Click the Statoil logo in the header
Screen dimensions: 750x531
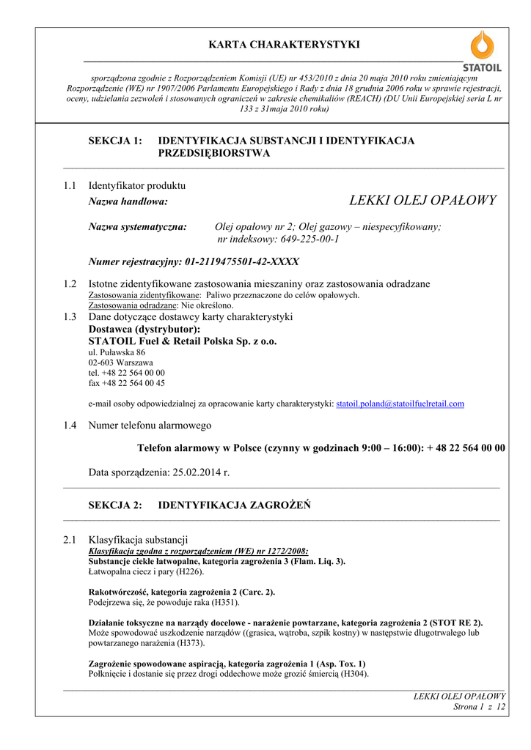pos(482,51)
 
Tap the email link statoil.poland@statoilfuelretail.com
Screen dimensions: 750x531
pos(400,404)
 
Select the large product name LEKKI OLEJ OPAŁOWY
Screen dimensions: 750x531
pos(422,200)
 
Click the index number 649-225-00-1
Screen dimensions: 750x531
pos(307,239)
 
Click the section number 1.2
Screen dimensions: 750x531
pos(70,284)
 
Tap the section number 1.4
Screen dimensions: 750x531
pos(70,425)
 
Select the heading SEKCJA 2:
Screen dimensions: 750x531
pos(115,505)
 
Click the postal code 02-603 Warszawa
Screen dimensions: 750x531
pos(121,363)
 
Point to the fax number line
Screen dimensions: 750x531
pos(126,383)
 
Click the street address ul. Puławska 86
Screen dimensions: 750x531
pos(117,352)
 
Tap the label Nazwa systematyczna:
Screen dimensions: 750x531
pos(138,227)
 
